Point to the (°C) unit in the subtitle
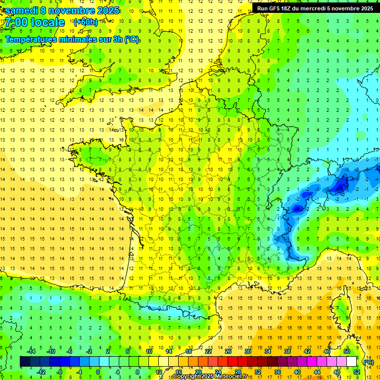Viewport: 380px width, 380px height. [132, 40]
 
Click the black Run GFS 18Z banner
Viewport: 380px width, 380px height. [315, 8]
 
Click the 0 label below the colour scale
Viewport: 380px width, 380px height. [98, 372]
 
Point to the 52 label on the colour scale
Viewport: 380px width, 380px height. [357, 372]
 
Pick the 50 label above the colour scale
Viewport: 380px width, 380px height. [347, 351]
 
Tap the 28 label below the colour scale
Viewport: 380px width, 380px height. [237, 372]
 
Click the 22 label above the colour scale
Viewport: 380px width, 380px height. [208, 351]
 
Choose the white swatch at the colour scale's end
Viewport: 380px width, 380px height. [351, 361]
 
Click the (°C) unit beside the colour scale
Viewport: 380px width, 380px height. [369, 362]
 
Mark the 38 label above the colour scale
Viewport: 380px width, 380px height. [287, 351]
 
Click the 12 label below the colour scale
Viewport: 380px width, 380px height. [158, 372]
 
